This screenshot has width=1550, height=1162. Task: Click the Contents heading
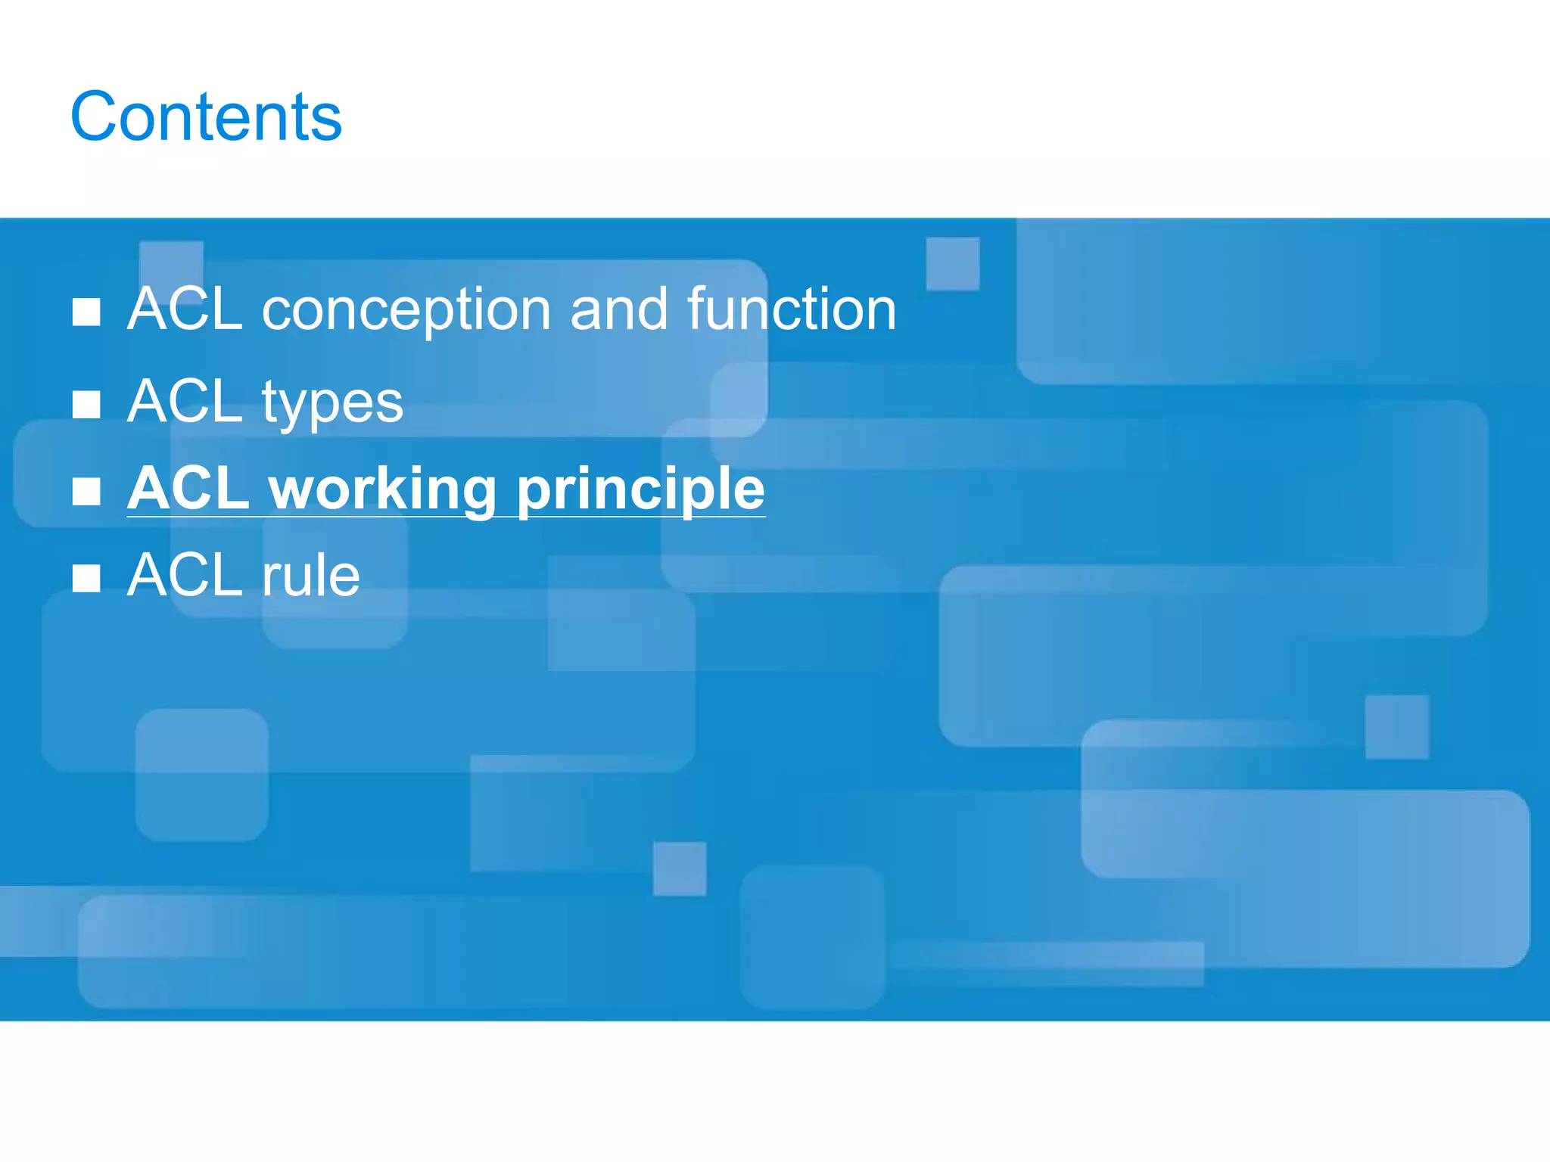[206, 117]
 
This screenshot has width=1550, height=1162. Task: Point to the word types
[332, 403]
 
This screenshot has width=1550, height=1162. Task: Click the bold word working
[382, 489]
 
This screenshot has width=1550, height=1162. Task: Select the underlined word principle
[640, 489]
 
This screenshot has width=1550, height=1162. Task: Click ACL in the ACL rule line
[185, 575]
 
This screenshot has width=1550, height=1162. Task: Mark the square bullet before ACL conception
[86, 312]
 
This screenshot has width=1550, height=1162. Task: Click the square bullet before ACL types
[86, 405]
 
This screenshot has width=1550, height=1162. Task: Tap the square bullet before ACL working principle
[86, 492]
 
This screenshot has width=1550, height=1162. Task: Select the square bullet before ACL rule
[86, 579]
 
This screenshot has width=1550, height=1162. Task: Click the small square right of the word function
[953, 263]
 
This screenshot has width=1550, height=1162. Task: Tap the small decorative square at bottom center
[680, 868]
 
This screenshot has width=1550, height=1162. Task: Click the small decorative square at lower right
[1397, 727]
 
